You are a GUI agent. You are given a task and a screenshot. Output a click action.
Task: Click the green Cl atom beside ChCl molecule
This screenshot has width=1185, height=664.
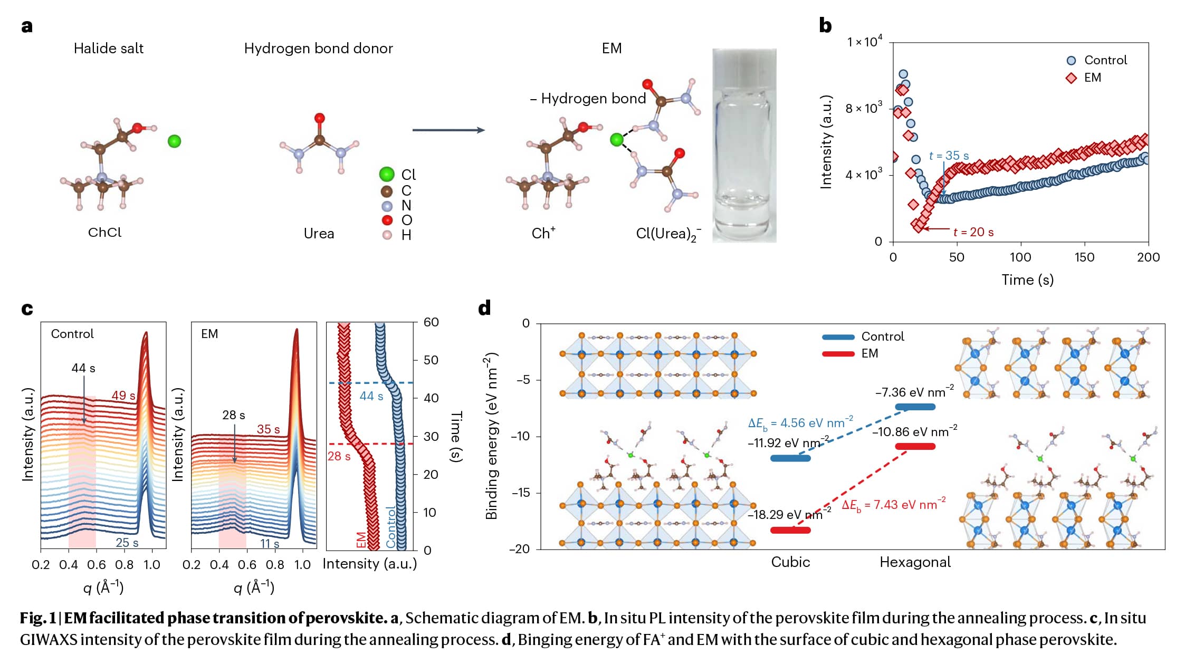pos(174,141)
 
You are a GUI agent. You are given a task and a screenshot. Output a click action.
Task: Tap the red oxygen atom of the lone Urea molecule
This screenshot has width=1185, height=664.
pos(319,118)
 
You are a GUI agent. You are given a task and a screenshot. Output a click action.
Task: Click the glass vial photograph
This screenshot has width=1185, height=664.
pos(744,145)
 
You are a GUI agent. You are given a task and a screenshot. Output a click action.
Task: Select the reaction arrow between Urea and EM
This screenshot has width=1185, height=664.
pos(448,130)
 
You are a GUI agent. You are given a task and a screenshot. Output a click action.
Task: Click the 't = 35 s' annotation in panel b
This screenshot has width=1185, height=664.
pos(949,156)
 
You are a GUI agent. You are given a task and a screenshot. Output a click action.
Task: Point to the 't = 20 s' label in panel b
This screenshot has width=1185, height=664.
pos(973,232)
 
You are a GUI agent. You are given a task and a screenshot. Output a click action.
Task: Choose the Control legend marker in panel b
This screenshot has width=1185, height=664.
pos(1071,61)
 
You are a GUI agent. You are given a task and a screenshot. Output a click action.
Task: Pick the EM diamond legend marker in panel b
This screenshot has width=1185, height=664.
pos(1071,78)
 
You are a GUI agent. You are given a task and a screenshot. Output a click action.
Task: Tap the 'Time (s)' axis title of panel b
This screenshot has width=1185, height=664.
pos(1027,280)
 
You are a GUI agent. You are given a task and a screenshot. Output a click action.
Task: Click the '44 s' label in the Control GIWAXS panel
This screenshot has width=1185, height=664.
pos(83,368)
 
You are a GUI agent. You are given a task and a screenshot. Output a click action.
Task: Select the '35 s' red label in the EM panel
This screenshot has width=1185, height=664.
pos(268,429)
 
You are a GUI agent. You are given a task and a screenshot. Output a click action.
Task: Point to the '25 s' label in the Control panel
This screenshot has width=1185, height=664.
pos(127,543)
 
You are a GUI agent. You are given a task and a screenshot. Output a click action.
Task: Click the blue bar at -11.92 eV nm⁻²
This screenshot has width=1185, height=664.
pos(790,458)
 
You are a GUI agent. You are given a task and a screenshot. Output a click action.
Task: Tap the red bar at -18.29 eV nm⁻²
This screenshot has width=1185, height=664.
pos(790,530)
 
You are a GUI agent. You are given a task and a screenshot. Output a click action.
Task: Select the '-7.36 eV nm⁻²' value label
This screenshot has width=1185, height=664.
pos(914,392)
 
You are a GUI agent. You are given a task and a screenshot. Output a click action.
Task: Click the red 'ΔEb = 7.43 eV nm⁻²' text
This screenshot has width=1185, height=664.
pos(893,505)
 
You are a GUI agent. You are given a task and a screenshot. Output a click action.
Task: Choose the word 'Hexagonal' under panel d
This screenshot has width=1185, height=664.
pos(915,562)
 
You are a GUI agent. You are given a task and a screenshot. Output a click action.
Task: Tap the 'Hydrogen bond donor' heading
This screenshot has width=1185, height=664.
pos(318,49)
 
